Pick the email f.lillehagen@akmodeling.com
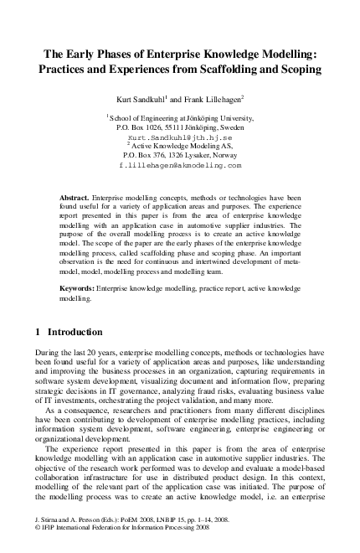(180, 166)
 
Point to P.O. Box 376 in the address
(146, 155)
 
